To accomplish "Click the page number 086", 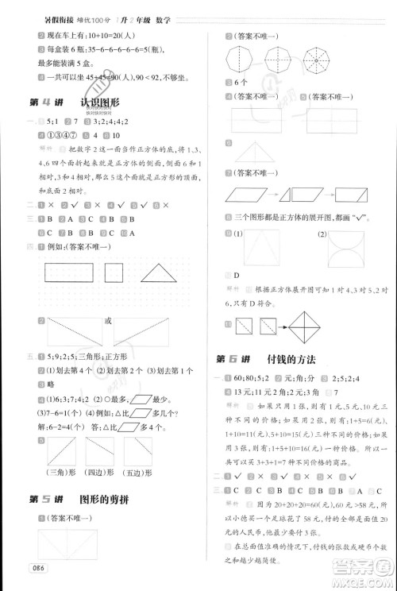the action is pyautogui.click(x=36, y=566).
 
